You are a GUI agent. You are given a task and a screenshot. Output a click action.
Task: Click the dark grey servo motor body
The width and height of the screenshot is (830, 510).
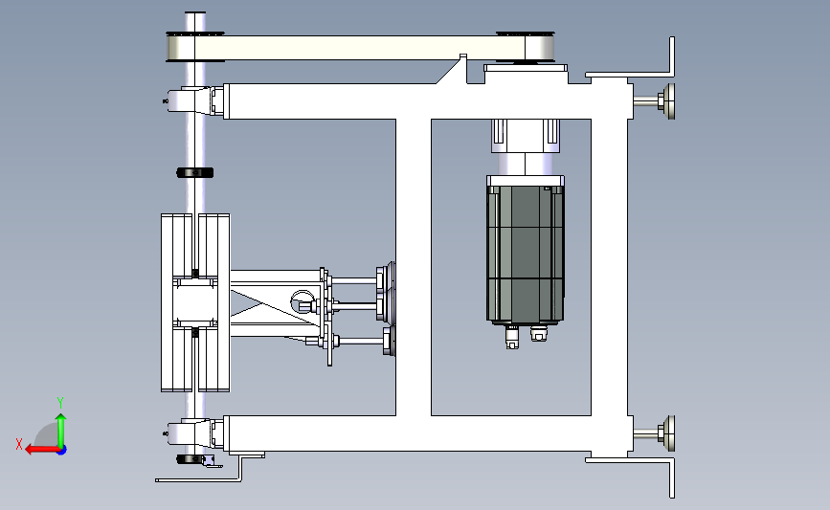526,253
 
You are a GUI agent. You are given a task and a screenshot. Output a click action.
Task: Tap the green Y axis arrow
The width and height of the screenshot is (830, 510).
61,430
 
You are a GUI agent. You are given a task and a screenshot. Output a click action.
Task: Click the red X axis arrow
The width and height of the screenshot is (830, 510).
41,450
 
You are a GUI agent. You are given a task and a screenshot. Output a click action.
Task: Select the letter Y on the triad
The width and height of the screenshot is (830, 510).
60,403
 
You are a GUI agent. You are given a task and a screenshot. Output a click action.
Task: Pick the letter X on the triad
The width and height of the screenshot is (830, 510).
19,444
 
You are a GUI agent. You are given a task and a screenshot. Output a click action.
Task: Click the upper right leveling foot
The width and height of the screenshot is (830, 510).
657,101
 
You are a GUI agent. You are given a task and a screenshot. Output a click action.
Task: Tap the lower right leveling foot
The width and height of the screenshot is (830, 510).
657,433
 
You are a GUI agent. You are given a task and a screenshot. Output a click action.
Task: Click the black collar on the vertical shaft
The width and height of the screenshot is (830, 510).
194,172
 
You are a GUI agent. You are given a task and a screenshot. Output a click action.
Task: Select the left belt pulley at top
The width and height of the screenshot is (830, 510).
194,47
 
